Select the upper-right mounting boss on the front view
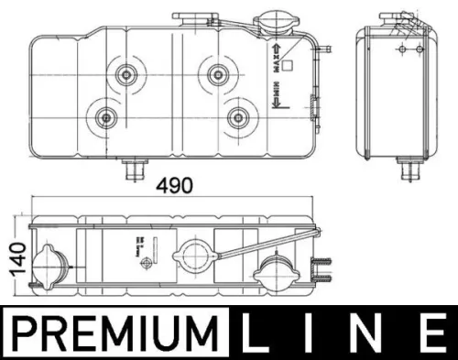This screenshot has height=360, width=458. point(218,71)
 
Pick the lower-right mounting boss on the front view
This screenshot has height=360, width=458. point(237,116)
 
